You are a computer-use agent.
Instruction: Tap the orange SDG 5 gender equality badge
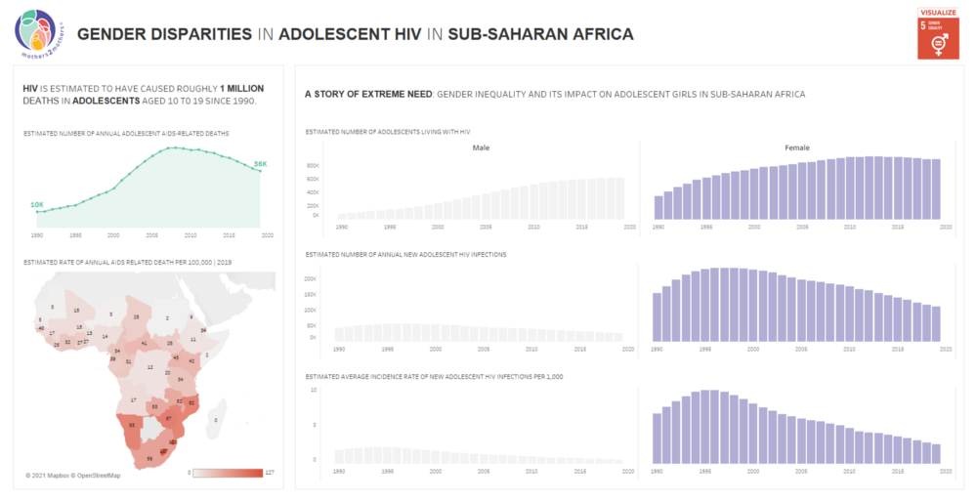point(938,38)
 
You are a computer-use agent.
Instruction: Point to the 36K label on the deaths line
point(260,163)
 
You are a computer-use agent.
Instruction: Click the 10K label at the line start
point(37,204)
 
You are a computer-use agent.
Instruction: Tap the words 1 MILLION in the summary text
point(235,88)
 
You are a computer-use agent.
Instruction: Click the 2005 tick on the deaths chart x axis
point(152,235)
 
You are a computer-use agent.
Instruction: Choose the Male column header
point(481,147)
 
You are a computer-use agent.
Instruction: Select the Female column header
point(796,147)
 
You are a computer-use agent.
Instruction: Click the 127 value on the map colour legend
point(270,473)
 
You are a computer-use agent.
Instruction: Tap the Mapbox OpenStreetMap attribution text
point(73,476)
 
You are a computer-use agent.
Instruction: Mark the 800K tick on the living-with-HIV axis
point(313,166)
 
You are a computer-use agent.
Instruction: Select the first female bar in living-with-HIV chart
point(658,207)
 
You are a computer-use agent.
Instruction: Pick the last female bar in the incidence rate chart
point(936,452)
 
